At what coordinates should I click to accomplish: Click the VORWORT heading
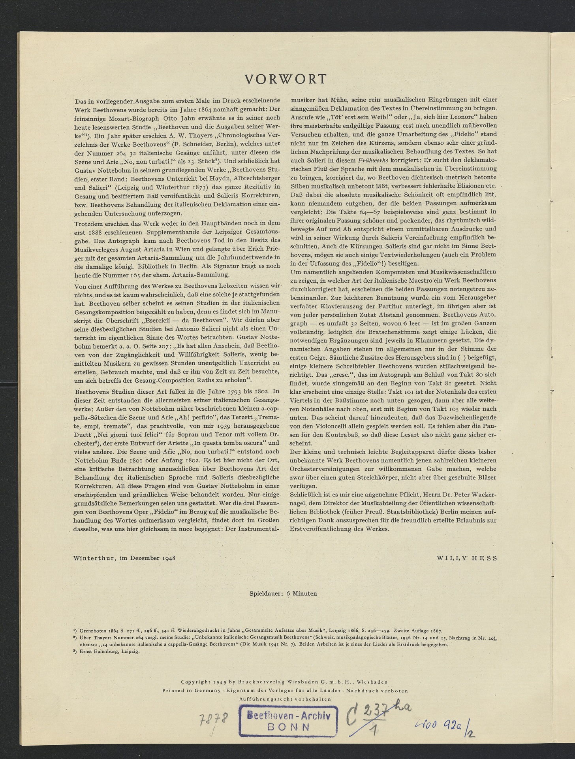click(286, 79)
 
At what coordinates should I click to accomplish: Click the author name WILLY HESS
click(466, 558)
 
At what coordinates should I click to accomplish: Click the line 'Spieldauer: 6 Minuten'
click(283, 593)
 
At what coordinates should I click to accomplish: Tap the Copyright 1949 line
click(284, 682)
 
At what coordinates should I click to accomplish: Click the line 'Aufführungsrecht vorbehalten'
click(285, 699)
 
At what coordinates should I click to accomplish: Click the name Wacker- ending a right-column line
click(483, 495)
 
